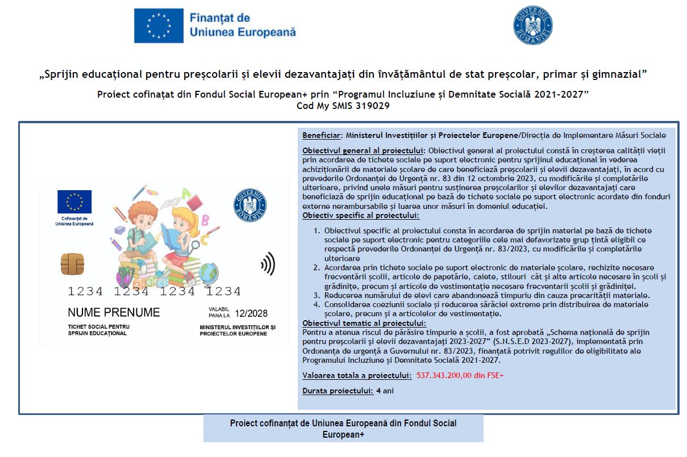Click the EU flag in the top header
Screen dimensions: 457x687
pyautogui.click(x=159, y=26)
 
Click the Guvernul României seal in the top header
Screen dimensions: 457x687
pyautogui.click(x=532, y=25)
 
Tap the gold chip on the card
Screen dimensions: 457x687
pyautogui.click(x=72, y=263)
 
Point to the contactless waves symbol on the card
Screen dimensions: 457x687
pyautogui.click(x=267, y=264)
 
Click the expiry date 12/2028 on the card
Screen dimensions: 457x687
pyautogui.click(x=251, y=313)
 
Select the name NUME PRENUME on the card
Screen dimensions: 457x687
pyautogui.click(x=114, y=312)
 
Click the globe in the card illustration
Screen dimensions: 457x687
pyautogui.click(x=210, y=270)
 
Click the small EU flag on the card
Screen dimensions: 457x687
pyautogui.click(x=74, y=202)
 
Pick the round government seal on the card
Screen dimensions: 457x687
pyautogui.click(x=250, y=205)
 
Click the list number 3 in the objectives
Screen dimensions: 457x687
pyautogui.click(x=317, y=295)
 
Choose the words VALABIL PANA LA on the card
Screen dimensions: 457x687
pyautogui.click(x=219, y=312)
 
